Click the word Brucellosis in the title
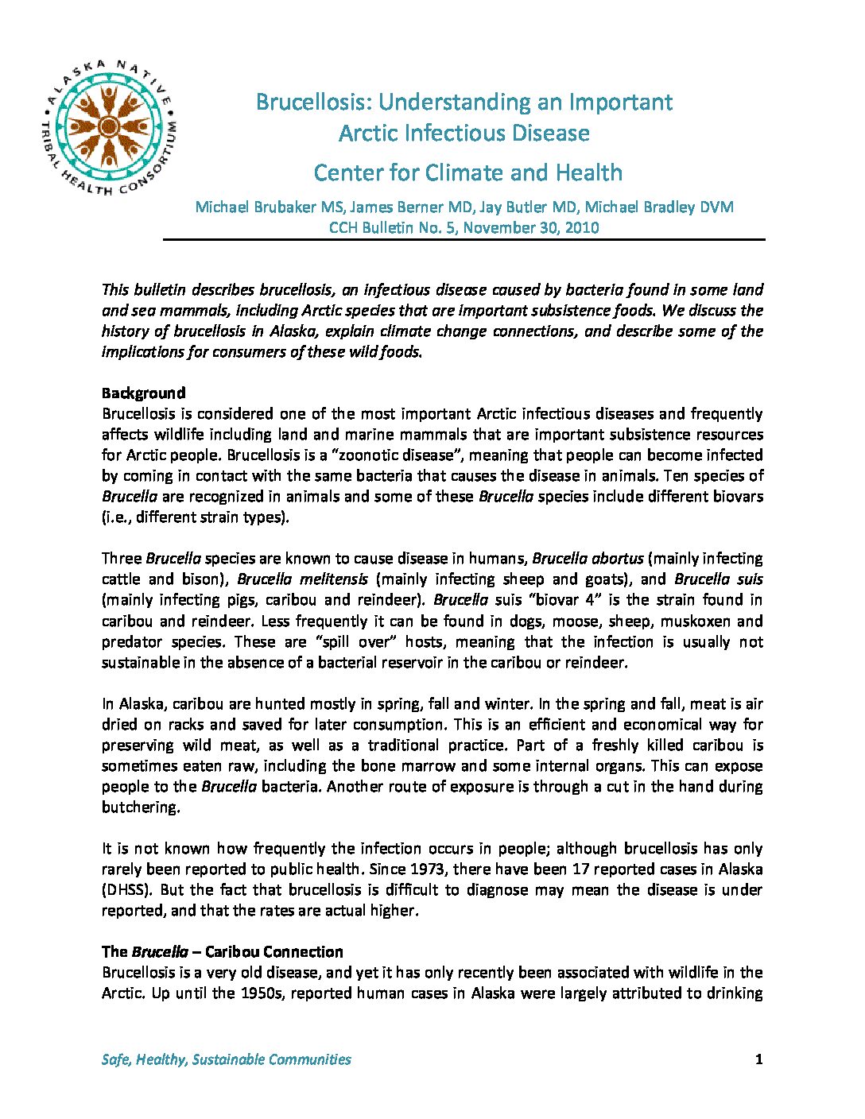pos(313,102)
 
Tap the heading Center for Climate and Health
pos(467,172)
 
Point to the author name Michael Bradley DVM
pos(669,207)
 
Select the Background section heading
pos(144,393)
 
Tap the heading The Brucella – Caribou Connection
pos(222,951)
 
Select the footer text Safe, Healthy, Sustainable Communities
pos(227,1059)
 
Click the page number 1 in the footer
pos(759,1059)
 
